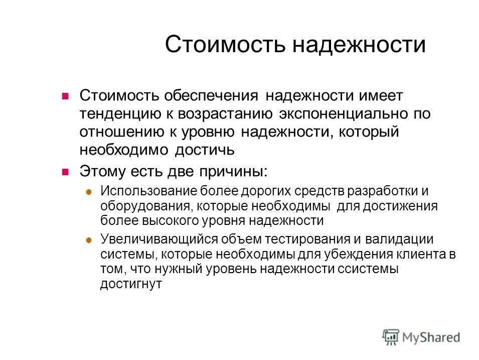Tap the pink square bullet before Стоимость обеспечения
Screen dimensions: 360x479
point(64,97)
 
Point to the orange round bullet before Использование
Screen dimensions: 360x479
point(89,191)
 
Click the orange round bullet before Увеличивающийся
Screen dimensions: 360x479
point(89,239)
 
